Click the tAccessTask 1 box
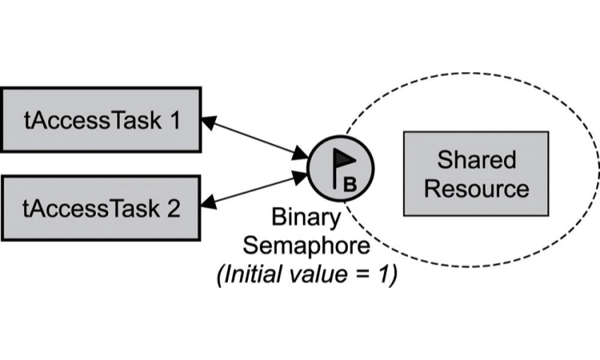[101, 119]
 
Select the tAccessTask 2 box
[101, 208]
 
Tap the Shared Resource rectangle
[476, 173]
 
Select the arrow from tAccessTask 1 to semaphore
[255, 138]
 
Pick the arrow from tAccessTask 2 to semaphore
[255, 190]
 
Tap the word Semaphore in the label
[306, 245]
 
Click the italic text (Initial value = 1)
[306, 273]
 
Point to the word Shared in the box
[476, 159]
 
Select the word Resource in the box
[476, 188]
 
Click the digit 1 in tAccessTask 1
[174, 120]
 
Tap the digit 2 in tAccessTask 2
[174, 209]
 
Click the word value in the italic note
[321, 273]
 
